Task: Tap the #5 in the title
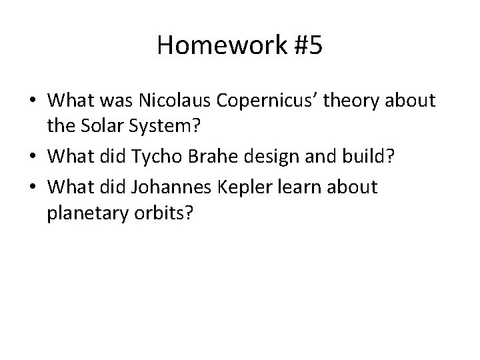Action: click(x=303, y=45)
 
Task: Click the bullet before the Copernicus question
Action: click(x=32, y=101)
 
